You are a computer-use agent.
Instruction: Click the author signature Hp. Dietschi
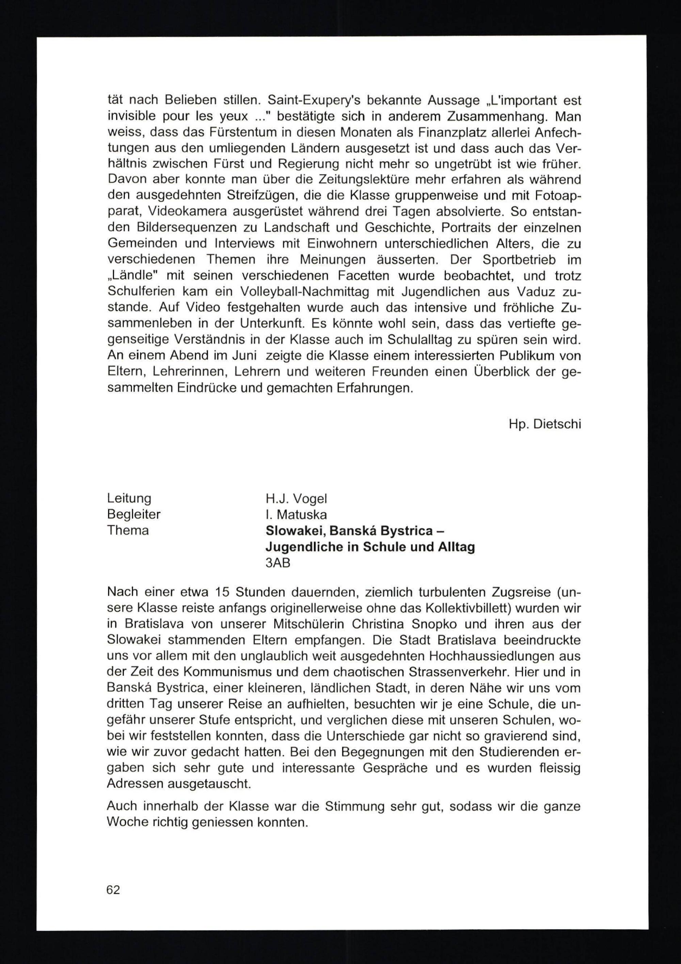[544, 424]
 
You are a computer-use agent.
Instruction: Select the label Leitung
[129, 499]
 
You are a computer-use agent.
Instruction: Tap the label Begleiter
[133, 514]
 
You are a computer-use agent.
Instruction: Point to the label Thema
[128, 531]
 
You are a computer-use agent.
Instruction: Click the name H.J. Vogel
[296, 499]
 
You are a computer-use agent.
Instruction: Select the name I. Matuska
[296, 514]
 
